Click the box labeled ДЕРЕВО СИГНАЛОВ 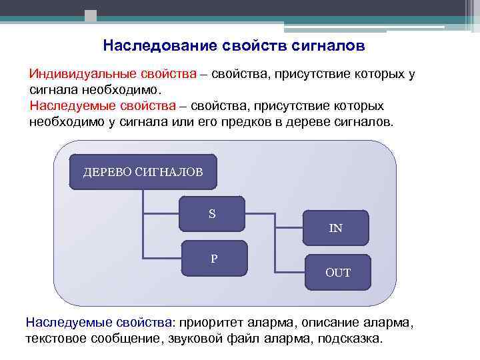(x=143, y=172)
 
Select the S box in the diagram (x=212, y=214)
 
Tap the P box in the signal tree (x=214, y=258)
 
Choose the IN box (x=336, y=228)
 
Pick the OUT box (x=337, y=273)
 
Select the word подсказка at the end (x=351, y=338)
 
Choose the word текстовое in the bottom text (x=54, y=338)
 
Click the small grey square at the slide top (x=91, y=15)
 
